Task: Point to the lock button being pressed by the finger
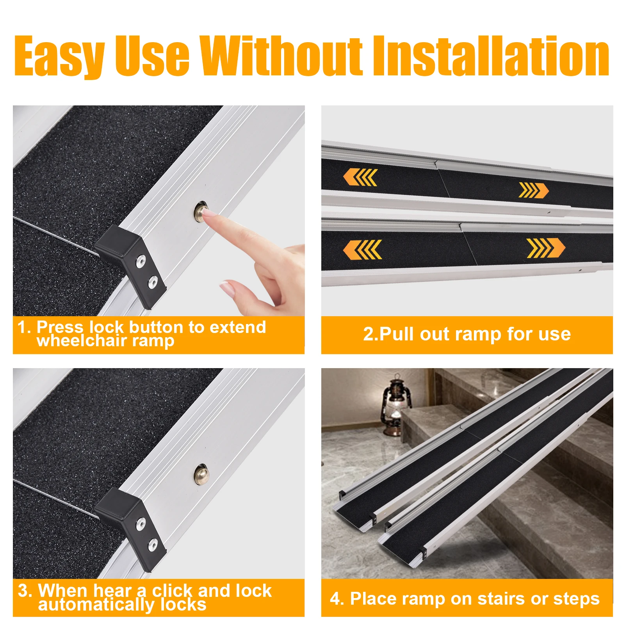201,211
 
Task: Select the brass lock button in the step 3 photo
201,474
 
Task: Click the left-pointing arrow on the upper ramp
360,177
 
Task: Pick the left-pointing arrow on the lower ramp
362,249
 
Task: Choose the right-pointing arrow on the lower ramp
545,248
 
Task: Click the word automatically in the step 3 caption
96,605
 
